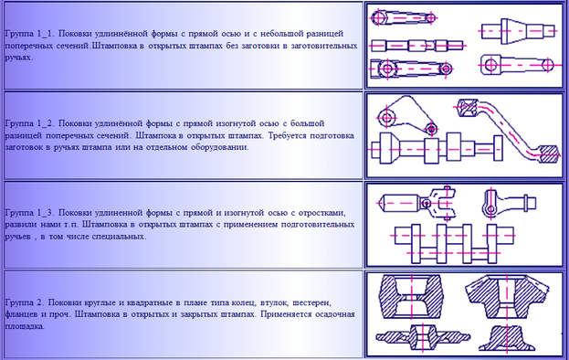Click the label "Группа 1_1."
click(x=30, y=34)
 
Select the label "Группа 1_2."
click(x=30, y=123)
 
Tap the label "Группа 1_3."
click(x=30, y=213)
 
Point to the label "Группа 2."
click(x=25, y=302)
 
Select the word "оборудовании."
click(x=220, y=147)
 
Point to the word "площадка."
click(x=25, y=326)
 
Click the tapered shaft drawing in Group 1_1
click(x=519, y=31)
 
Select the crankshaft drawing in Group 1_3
click(x=453, y=243)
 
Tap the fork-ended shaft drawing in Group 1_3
click(x=417, y=203)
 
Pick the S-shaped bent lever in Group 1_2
click(x=507, y=130)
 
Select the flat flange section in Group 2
click(x=423, y=337)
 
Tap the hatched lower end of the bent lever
click(x=548, y=154)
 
